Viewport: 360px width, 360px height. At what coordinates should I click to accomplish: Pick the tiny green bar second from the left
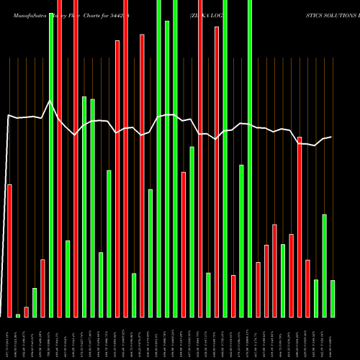tap(18, 315)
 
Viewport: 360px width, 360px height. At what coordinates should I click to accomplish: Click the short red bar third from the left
tap(27, 312)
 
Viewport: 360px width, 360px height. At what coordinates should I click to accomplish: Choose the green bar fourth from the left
tap(35, 302)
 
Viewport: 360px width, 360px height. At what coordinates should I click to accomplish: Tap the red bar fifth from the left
tap(43, 288)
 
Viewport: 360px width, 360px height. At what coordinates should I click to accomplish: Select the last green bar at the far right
tap(333, 299)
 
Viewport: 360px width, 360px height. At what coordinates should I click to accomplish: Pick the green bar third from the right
tap(316, 298)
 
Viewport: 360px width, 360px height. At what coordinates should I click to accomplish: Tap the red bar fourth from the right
tap(308, 288)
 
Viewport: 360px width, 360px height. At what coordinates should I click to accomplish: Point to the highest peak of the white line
tap(50, 102)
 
